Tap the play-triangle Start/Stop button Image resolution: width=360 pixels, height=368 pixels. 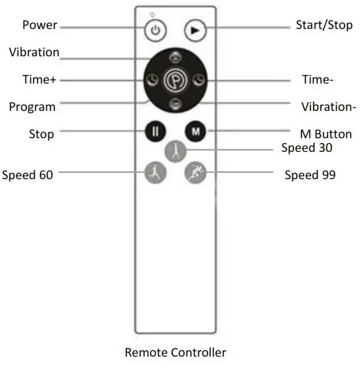195,31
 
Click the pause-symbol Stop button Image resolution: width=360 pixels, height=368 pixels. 156,131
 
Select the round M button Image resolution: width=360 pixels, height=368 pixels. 195,131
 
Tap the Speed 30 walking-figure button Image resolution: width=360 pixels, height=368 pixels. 175,151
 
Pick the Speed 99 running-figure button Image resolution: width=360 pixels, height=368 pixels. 195,172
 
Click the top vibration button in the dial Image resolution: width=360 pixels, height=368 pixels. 175,57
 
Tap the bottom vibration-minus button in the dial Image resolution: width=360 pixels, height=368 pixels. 175,103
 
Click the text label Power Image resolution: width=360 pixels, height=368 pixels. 40,25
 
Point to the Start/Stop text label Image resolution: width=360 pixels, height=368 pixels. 324,25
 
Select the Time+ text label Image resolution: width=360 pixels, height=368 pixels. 39,80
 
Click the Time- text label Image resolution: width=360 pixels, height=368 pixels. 317,80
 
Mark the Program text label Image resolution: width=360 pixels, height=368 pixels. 32,106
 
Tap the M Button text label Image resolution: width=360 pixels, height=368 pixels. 325,135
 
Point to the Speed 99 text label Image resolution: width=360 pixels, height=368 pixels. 309,175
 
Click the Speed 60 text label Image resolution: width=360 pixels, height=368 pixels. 27,175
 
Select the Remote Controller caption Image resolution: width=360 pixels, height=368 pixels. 175,353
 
